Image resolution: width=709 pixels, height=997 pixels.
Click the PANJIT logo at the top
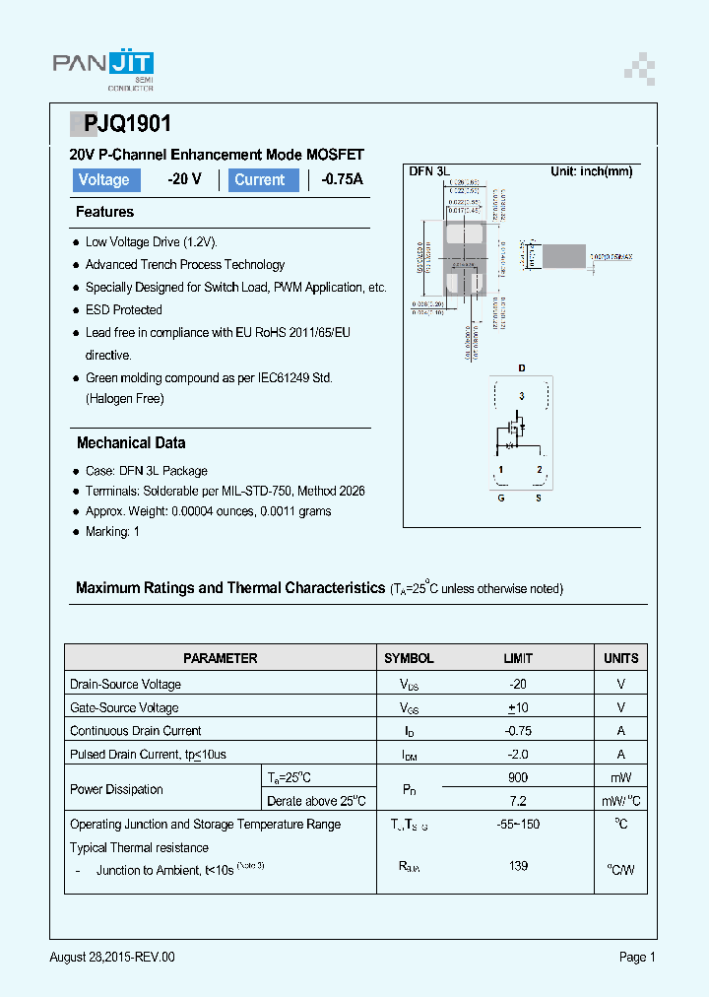coord(102,68)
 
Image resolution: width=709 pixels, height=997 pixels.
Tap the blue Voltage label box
coord(104,179)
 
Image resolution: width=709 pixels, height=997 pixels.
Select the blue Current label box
coord(262,179)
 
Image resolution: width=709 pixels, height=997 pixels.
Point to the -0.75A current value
coord(342,179)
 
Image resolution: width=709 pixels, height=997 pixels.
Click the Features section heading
coord(104,212)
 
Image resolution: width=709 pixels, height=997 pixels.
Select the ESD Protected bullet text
coord(123,309)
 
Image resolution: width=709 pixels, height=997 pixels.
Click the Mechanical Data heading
coord(131,443)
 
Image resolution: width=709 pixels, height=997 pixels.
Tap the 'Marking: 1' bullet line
coord(112,532)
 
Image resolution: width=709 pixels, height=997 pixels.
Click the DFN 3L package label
coord(428,171)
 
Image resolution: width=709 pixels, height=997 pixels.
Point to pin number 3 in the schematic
coord(522,395)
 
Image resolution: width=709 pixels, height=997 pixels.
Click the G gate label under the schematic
coord(500,498)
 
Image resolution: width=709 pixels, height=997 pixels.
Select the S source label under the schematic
coord(538,498)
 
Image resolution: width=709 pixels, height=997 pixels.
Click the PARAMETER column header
coord(220,658)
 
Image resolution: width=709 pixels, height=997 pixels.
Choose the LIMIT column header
coord(518,658)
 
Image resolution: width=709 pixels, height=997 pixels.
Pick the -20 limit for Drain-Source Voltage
coord(518,684)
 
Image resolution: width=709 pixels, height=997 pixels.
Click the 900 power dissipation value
coord(518,777)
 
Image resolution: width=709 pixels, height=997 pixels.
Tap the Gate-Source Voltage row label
coord(124,707)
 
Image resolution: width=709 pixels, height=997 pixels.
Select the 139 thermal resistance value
coord(518,866)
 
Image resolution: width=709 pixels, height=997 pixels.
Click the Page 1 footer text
coord(636,957)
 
